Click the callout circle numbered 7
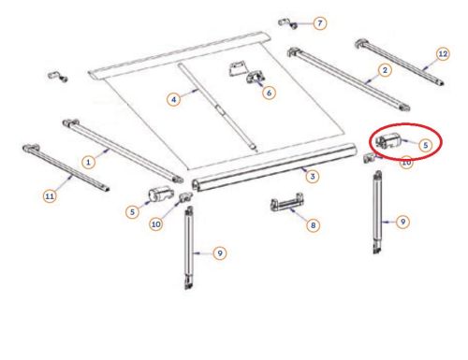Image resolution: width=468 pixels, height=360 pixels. [320, 22]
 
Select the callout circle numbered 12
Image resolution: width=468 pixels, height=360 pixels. [443, 55]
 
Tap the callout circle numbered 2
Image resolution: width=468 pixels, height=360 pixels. [385, 70]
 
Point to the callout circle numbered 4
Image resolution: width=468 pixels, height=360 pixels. [172, 97]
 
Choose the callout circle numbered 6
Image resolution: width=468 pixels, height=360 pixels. [270, 93]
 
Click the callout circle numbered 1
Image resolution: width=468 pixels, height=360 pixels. [88, 161]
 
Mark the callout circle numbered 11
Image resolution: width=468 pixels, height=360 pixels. [49, 196]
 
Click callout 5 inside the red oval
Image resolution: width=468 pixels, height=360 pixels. [424, 145]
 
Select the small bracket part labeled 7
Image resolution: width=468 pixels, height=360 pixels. [292, 23]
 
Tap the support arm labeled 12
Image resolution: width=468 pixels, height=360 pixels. [398, 60]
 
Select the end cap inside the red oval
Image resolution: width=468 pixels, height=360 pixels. [388, 143]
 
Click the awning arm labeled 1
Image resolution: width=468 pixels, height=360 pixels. [122, 150]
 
